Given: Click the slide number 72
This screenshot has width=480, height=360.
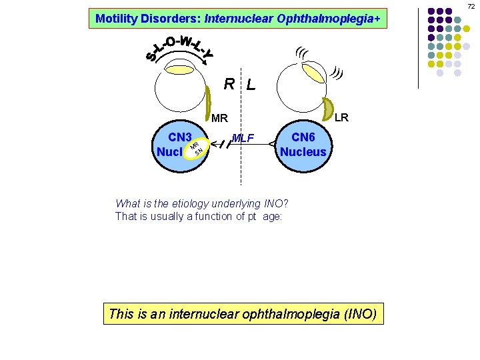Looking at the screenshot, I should pyautogui.click(x=470, y=6).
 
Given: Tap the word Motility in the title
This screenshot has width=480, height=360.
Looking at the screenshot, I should pyautogui.click(x=117, y=19).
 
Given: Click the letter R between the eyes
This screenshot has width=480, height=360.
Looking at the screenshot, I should pyautogui.click(x=229, y=84).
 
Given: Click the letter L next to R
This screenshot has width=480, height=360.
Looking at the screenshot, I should pyautogui.click(x=250, y=85).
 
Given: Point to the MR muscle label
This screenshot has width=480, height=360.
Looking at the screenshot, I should pyautogui.click(x=219, y=119).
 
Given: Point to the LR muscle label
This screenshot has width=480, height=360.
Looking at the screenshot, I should pyautogui.click(x=341, y=118).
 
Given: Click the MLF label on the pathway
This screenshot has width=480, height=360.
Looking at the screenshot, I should pyautogui.click(x=245, y=139).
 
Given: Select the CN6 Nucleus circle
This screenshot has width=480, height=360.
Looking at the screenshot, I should pyautogui.click(x=303, y=145).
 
